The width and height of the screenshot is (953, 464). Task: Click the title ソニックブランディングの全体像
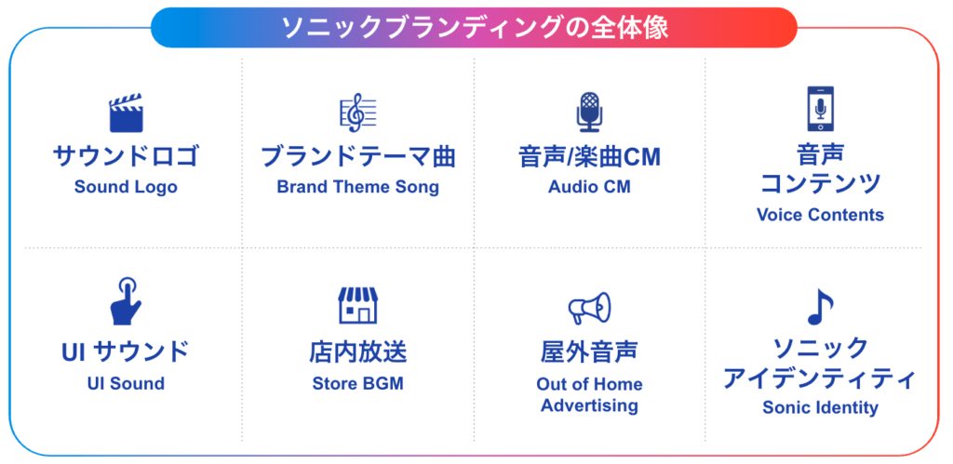tap(475, 28)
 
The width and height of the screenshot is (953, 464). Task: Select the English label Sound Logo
tap(126, 187)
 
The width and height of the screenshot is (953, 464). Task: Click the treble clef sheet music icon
tap(357, 113)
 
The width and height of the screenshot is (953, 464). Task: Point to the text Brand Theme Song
tap(357, 187)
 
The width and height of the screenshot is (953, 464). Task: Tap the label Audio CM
tap(589, 187)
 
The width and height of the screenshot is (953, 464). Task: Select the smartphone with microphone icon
tap(820, 110)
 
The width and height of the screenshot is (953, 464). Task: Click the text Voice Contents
tap(820, 215)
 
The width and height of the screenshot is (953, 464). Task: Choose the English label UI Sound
tap(126, 383)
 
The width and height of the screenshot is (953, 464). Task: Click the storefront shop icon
tap(357, 304)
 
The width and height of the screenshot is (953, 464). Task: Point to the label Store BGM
tap(357, 383)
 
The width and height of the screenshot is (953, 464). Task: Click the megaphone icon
tap(589, 308)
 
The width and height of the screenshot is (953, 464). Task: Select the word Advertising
tap(589, 405)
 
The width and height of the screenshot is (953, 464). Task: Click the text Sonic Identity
tap(820, 407)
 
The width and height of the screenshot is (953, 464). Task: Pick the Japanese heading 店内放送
tap(357, 352)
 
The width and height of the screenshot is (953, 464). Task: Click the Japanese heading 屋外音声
tap(589, 352)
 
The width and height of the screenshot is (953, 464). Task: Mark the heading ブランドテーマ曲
tap(357, 156)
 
